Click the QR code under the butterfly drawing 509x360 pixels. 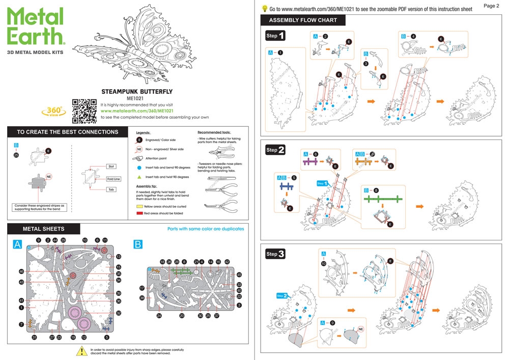point(84,110)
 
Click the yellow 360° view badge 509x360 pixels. point(53,111)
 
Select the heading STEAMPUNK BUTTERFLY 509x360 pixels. point(137,92)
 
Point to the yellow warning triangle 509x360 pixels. point(81,351)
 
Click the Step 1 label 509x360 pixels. point(275,36)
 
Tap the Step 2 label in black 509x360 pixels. point(275,150)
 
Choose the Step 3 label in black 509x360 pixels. point(275,253)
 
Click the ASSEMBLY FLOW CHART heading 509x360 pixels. point(303,20)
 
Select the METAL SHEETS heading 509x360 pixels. point(44,229)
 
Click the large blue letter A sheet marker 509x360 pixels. point(17,245)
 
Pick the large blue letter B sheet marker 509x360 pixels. point(138,245)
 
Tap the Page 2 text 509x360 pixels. point(491,6)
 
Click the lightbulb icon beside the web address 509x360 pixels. point(265,9)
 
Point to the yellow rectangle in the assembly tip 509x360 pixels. point(140,207)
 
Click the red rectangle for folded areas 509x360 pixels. point(140,214)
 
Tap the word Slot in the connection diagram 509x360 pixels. point(111,166)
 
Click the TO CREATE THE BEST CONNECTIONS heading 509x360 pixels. point(68,132)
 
